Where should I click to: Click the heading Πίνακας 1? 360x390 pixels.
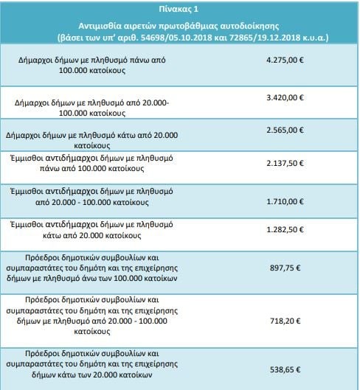pos(179,9)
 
